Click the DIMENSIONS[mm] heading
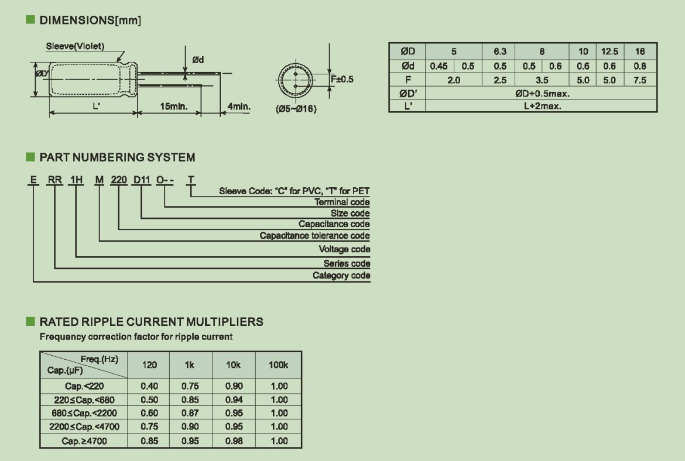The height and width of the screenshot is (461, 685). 90,20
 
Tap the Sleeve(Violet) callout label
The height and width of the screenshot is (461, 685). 76,47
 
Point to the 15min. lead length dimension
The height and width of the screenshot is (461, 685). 174,106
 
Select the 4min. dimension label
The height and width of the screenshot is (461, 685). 238,106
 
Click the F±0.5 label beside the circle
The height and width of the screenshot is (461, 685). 342,79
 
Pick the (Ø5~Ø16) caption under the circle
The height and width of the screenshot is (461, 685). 296,109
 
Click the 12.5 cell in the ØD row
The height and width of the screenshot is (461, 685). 609,51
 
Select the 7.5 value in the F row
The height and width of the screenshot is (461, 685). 640,80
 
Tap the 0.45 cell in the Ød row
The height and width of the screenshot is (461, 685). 439,66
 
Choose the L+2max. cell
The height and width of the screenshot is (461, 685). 542,106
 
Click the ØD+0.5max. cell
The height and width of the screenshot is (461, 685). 542,94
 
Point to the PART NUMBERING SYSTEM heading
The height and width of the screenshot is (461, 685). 117,157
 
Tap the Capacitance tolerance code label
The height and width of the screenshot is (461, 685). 314,236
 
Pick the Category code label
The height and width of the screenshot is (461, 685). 341,276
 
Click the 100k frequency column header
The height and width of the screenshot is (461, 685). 279,365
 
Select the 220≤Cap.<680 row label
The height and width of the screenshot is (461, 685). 84,400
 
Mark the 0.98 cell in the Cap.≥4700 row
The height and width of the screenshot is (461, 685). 234,441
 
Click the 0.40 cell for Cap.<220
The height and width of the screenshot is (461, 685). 149,386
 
